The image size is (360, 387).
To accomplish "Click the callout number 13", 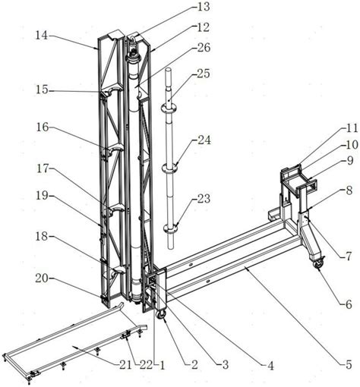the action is [x=204, y=7].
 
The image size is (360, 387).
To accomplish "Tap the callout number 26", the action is [x=204, y=48].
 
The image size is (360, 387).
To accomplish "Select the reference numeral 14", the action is [x=42, y=35].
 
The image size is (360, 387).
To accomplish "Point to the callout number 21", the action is [x=125, y=365].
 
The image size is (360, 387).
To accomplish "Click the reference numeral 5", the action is [x=349, y=364].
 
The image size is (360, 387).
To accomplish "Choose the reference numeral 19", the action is [x=42, y=196].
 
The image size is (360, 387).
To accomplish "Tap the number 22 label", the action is [x=145, y=365].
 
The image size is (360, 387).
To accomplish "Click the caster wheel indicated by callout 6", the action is [x=318, y=264].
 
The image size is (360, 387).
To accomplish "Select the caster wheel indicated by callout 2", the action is [x=161, y=314].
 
